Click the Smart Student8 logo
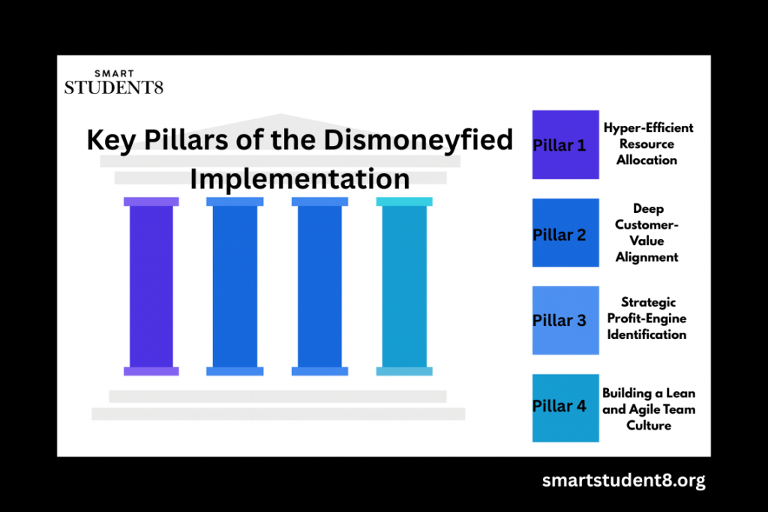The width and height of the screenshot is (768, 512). pos(113,82)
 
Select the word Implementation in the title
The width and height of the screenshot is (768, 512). pos(299,179)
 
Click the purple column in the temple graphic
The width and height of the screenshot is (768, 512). pos(151,286)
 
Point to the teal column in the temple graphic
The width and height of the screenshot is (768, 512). pos(404,286)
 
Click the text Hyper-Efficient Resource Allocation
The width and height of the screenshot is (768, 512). pos(648,144)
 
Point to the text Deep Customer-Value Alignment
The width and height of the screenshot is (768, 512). pos(646,232)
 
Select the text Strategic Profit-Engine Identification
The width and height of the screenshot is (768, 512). pos(646,319)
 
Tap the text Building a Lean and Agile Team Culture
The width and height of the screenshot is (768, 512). pos(649,409)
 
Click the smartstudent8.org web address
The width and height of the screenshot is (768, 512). pos(623,481)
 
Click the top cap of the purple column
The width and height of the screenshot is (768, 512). pos(151,202)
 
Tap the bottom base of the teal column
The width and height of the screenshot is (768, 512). pos(404,371)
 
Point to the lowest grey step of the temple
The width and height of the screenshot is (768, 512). pos(278,414)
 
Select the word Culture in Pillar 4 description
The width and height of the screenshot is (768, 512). pos(649,426)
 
